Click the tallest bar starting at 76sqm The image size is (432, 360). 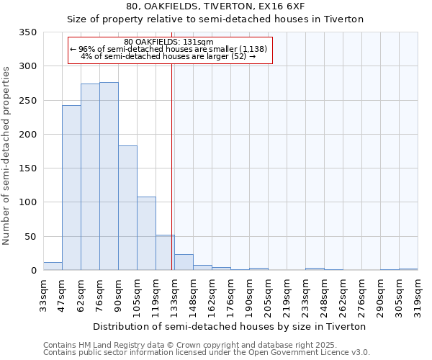(x=109, y=176)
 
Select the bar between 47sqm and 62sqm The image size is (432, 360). (x=71, y=188)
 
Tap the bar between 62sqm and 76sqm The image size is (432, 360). (x=90, y=177)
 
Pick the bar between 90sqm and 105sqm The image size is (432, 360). (x=127, y=208)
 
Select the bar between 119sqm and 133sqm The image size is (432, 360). (x=165, y=253)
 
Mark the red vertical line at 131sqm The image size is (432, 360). (x=171, y=166)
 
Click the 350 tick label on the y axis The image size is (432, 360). (x=27, y=32)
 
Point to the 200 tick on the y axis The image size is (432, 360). (x=27, y=135)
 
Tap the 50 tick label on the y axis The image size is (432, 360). (x=30, y=237)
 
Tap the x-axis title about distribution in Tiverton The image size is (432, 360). (x=230, y=326)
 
